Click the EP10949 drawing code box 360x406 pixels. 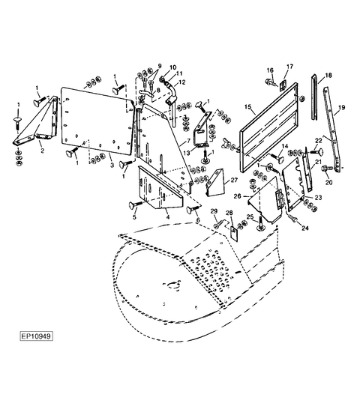tap(37, 336)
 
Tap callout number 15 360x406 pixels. tap(248, 106)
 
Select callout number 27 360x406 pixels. tap(234, 180)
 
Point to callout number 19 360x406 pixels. tap(342, 107)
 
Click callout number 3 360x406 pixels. tap(112, 165)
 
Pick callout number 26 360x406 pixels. tap(238, 196)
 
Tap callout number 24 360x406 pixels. tap(305, 228)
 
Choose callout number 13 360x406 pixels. tap(187, 153)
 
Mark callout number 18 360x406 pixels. tap(328, 76)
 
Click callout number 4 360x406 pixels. tap(168, 217)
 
